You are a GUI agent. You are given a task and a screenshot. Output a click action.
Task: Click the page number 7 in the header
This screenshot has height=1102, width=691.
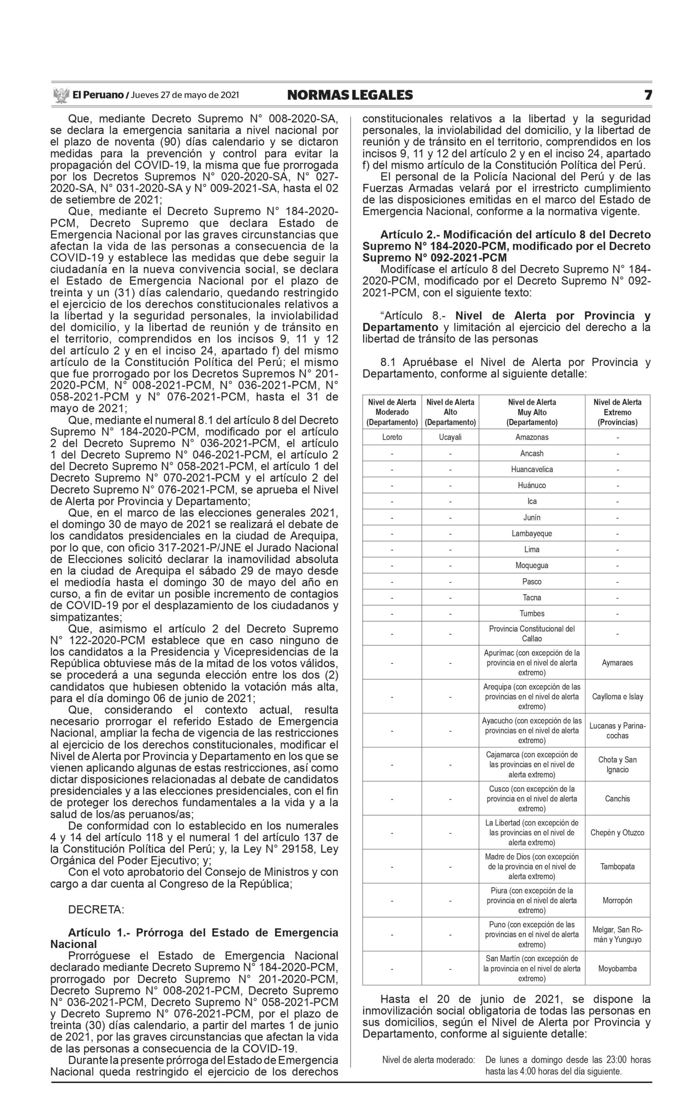pos(648,95)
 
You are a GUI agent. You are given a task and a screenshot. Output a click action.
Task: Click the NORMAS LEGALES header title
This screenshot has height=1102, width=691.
pos(350,95)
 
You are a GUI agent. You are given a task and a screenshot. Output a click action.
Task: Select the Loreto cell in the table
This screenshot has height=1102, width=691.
pos(392,437)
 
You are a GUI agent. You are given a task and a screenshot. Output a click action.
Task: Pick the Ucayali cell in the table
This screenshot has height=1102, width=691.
pos(450,437)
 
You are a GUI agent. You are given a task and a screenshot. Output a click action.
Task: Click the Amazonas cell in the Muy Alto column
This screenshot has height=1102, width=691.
pos(531,437)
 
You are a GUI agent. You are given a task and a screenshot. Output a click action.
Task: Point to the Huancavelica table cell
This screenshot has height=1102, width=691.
pos(531,469)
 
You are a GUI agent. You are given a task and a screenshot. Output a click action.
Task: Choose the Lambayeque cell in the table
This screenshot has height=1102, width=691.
pos(531,533)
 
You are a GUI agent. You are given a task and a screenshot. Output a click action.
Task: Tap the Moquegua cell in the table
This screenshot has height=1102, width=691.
pos(531,565)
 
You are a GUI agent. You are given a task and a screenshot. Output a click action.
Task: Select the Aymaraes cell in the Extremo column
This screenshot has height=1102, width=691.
pos(617,662)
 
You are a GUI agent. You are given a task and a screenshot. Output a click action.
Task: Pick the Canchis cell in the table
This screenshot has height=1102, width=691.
pos(617,799)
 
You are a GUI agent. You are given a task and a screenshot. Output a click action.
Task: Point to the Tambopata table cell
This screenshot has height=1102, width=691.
pos(617,866)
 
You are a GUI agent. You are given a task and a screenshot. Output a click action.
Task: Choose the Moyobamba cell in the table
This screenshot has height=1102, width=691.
pos(617,968)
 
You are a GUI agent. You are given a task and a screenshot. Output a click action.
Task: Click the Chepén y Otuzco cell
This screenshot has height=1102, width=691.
pos(617,832)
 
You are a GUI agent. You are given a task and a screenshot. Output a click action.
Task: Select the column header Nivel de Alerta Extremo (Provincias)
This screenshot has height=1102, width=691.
pos(617,412)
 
